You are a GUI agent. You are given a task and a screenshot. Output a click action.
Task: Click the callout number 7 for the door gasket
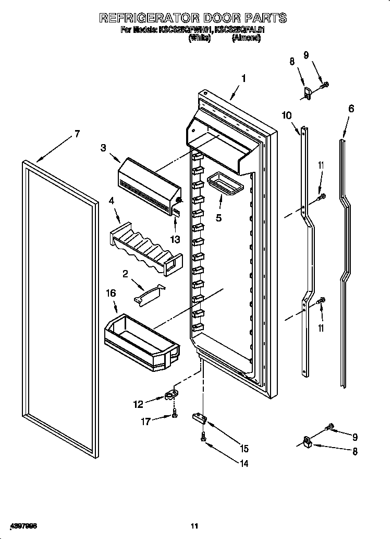click(77, 134)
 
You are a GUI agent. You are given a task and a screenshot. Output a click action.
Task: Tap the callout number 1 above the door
click(243, 79)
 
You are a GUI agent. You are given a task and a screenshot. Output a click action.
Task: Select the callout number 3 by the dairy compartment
click(103, 148)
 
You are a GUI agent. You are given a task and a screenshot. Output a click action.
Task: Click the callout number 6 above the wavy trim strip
click(351, 109)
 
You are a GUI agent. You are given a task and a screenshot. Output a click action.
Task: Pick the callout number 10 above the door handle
click(287, 115)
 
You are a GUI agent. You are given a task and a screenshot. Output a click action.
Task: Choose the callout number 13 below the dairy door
click(175, 239)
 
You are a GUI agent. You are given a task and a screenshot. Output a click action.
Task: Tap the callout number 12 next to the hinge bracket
click(138, 404)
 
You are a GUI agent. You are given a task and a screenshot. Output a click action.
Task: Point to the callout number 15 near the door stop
click(243, 448)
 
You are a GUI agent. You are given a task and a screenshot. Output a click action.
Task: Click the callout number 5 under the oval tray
click(219, 217)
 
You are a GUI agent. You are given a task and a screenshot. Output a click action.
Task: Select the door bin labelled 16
click(141, 337)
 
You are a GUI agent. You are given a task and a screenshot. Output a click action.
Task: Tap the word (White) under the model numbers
click(199, 38)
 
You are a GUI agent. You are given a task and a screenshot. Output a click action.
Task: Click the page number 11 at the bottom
click(194, 525)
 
